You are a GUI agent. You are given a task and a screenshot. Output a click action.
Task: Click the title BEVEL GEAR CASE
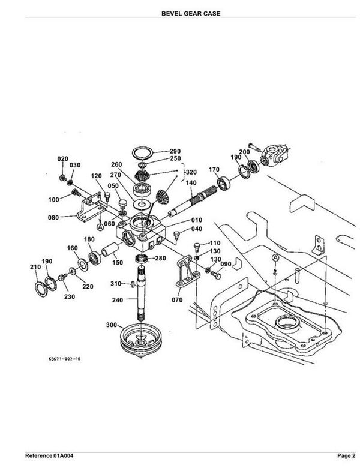point(191,13)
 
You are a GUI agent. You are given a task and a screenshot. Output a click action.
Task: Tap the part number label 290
point(175,151)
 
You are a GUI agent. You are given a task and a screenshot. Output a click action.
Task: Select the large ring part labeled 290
point(143,153)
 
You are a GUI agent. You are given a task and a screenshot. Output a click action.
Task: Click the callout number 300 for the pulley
point(112,325)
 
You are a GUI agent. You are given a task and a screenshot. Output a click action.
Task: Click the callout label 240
point(118,300)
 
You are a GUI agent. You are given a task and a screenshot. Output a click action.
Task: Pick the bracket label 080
point(53,217)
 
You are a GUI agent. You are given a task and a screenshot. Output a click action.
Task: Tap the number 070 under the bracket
point(177,299)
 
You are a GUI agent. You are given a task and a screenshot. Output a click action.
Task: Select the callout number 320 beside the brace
point(191,172)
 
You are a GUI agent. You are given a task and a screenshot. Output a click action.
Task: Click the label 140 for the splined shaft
point(191,182)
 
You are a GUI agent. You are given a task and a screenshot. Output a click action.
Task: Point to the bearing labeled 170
point(224,184)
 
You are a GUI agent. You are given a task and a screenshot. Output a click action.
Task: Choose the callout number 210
point(35,267)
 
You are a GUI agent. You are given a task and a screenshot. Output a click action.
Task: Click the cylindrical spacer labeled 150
point(110,250)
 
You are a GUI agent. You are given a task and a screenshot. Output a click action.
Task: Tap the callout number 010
point(196,220)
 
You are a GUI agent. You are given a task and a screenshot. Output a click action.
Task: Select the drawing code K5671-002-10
point(64,359)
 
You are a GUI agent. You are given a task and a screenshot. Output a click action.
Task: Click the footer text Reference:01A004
point(49,455)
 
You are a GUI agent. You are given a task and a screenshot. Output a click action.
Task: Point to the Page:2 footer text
point(346,455)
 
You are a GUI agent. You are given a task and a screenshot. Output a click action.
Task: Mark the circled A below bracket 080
point(100,227)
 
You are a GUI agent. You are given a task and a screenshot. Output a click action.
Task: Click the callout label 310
point(116,283)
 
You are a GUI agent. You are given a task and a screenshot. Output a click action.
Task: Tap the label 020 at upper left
point(62,159)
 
